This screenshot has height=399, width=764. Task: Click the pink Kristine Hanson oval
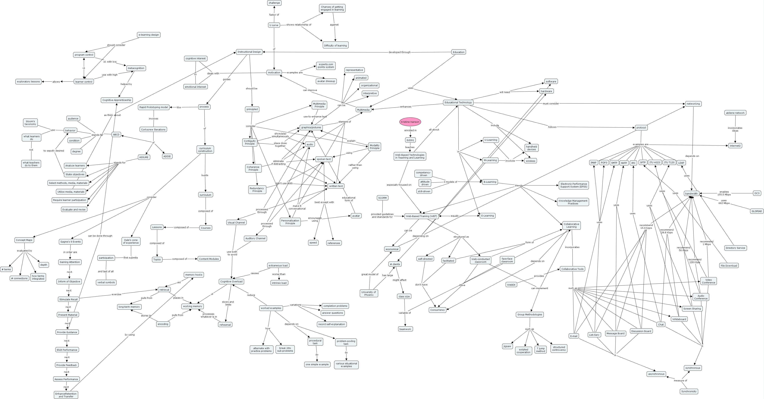click(410, 122)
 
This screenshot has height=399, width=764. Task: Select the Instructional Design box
click(249, 52)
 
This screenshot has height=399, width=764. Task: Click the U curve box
click(274, 25)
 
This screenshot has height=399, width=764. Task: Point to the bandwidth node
click(691, 193)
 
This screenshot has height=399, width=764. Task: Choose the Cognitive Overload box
click(231, 282)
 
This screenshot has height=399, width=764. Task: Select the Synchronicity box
click(689, 391)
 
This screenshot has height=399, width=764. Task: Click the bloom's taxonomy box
click(30, 123)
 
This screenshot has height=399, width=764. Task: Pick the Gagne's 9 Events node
click(70, 242)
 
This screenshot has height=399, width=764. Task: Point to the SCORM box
click(382, 198)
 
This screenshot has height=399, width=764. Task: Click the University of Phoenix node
click(369, 293)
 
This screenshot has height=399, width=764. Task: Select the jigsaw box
click(507, 346)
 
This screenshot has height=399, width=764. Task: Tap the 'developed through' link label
click(399, 52)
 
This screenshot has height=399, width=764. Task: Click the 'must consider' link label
click(551, 103)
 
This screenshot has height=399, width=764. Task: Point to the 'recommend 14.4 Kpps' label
click(646, 227)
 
